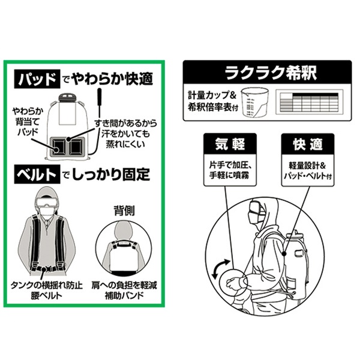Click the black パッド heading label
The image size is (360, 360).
pos(37,79)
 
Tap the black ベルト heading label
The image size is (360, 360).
pos(37,174)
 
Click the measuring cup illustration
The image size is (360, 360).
pos(255,102)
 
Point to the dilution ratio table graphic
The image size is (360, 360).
pos(309,102)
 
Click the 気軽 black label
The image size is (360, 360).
pos(230,144)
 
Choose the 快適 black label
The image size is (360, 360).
pos(308,144)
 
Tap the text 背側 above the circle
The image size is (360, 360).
pos(124,211)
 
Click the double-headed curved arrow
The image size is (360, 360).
pos(220,269)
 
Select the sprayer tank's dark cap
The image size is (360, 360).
pos(67,97)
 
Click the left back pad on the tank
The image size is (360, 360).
pos(58,147)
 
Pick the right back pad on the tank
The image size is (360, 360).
pos(77,147)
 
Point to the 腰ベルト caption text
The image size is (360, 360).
pos(47,295)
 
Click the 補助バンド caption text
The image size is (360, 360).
pos(124,295)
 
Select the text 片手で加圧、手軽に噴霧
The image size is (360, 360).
pos(230,170)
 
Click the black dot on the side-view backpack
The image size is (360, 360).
pos(284,254)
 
